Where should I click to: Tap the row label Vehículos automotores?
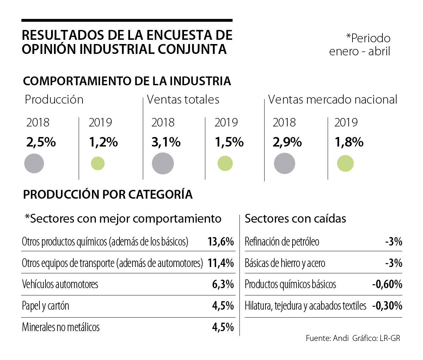pos(60,284)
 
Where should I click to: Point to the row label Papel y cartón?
pos(45,306)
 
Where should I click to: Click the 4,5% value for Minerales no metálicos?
pos(223,327)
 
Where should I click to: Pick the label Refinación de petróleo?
pos(282,242)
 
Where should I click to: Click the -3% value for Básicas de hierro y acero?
pos(394,263)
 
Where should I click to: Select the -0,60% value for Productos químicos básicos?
pos(387,284)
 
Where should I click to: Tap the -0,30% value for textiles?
pos(387,306)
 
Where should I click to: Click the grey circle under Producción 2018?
pos(34,163)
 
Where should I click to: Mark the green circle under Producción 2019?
pos(98,163)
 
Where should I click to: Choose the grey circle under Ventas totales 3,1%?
pos(163,163)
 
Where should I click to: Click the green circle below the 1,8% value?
pos(345,164)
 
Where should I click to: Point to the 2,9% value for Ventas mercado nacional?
pos(287,142)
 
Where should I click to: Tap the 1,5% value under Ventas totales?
pos(229,142)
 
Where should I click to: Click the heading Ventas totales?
pos(183,100)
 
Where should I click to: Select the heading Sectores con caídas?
pos(295,219)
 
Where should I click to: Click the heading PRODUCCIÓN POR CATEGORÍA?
pos(108,194)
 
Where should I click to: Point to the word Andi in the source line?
pos(340,339)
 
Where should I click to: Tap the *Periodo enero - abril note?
pos(360,45)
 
